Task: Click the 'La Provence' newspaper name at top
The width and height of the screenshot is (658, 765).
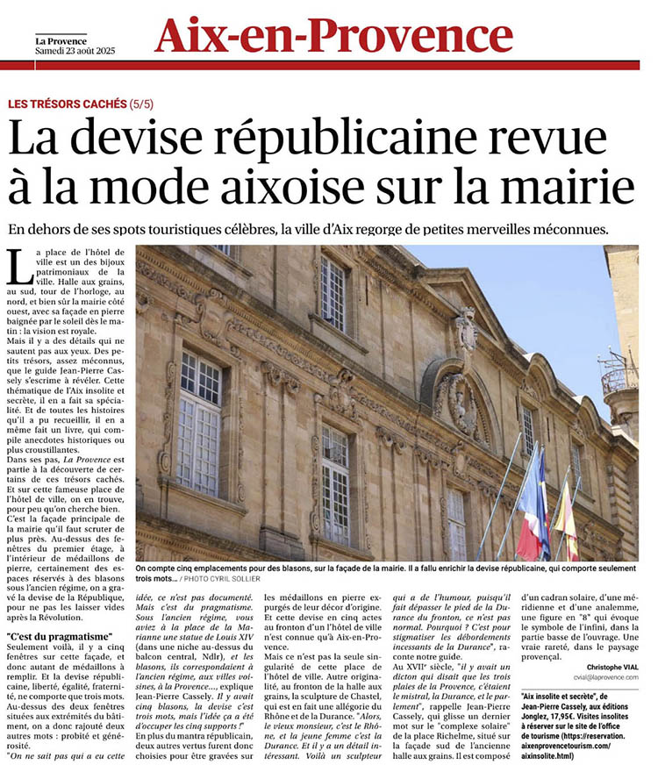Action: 61,39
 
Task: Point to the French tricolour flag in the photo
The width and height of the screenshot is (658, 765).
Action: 532,509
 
